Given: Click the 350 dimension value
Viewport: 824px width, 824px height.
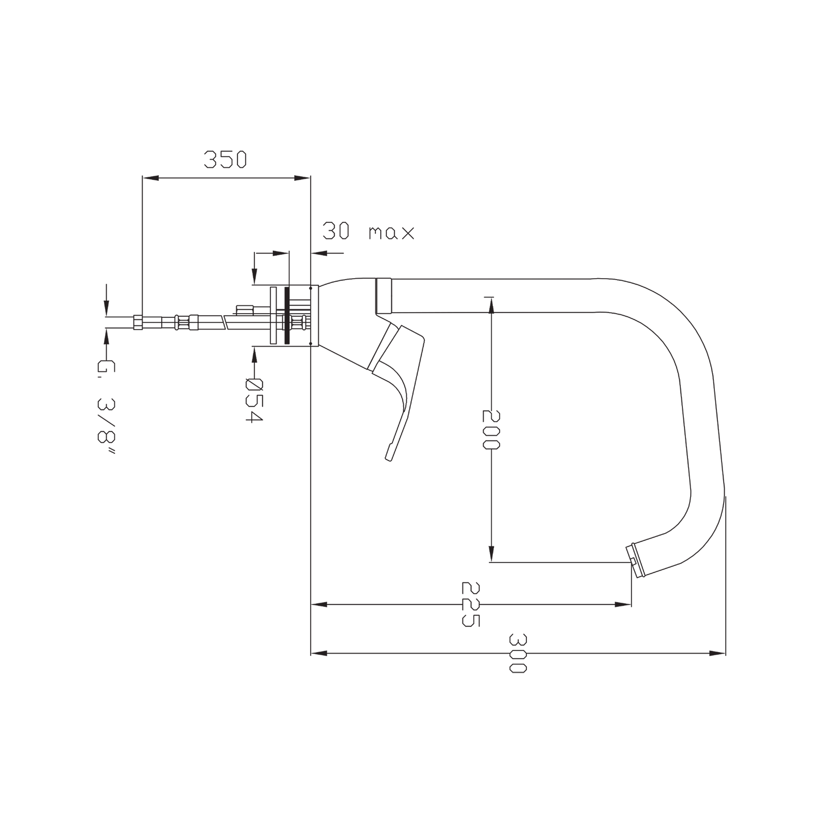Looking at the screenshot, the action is click(x=226, y=160).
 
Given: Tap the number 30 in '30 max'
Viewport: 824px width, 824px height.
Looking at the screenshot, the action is click(x=336, y=231).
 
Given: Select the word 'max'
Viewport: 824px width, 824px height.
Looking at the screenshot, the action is click(x=391, y=233).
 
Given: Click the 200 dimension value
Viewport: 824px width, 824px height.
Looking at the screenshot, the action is click(x=491, y=430).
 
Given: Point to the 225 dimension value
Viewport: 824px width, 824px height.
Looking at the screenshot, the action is click(x=471, y=605).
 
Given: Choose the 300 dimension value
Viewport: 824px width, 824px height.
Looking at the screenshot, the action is click(x=518, y=654).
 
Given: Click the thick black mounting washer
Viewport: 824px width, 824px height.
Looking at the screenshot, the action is click(x=286, y=315).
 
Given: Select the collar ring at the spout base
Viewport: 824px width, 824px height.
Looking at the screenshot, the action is click(x=384, y=296).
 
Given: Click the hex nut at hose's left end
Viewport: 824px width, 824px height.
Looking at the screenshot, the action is click(x=138, y=322).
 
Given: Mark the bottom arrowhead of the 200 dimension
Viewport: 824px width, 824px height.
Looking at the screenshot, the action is click(x=491, y=554).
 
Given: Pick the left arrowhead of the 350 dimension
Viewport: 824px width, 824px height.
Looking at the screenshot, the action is click(x=150, y=178).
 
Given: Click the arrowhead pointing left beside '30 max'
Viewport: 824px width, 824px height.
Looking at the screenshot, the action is click(x=319, y=253).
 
